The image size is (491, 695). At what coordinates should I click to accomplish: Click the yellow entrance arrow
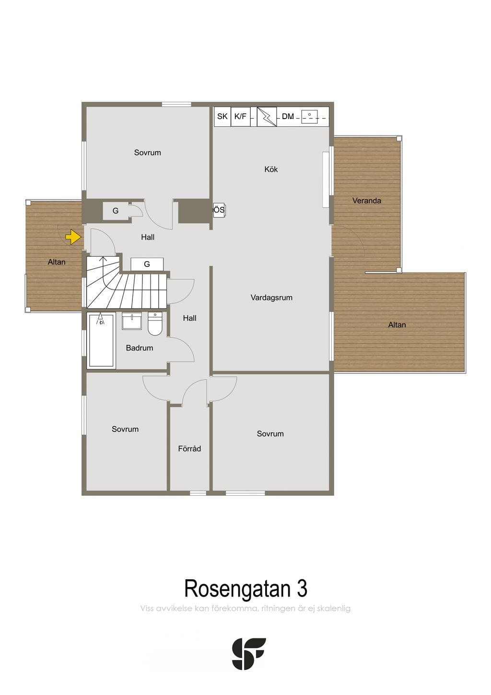[73, 237]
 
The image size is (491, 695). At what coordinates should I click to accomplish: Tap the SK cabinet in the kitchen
[222, 117]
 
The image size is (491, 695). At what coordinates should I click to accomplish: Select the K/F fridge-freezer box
[241, 117]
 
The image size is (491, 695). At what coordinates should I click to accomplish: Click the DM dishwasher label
[288, 116]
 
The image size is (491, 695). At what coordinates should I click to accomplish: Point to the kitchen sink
[309, 116]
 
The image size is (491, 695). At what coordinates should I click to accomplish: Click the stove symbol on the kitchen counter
[267, 117]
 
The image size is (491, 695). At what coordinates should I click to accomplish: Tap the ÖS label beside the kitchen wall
[219, 210]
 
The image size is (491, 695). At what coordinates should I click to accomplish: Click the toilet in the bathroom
[155, 324]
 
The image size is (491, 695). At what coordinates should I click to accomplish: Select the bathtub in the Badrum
[101, 340]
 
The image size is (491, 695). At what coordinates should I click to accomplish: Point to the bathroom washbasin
[132, 321]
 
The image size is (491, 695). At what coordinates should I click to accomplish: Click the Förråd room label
[189, 449]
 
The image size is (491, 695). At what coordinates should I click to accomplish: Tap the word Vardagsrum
[271, 298]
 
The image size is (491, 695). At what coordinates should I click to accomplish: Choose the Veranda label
[367, 201]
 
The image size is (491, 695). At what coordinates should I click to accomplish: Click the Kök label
[271, 169]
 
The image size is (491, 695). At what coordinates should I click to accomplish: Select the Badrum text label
[140, 348]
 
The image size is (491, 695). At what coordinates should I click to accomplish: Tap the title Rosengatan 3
[246, 588]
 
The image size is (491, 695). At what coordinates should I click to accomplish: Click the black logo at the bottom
[249, 654]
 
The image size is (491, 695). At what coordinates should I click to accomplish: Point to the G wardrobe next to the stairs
[147, 264]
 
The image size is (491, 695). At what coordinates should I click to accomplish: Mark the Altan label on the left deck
[57, 262]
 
